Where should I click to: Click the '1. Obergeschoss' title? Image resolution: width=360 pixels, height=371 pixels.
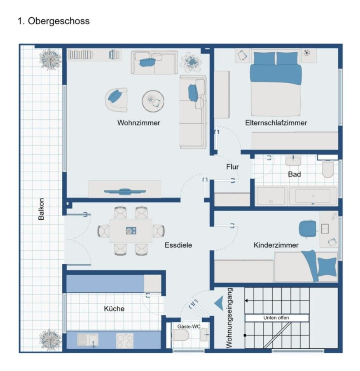click(54, 21)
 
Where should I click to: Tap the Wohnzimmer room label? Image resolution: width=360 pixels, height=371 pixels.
click(138, 123)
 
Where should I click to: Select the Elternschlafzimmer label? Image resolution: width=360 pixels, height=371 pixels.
click(276, 123)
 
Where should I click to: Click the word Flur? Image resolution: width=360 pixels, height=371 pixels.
click(232, 167)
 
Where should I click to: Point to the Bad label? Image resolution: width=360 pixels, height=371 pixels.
click(294, 174)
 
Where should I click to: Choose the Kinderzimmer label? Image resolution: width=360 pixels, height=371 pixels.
click(276, 245)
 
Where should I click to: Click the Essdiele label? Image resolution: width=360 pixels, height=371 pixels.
click(178, 245)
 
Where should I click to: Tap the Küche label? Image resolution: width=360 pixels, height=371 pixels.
click(114, 309)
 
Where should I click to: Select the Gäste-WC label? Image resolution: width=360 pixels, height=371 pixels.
click(189, 326)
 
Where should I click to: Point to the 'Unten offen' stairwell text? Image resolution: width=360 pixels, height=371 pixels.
click(276, 318)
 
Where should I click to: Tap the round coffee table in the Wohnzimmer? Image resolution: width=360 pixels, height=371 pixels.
click(153, 101)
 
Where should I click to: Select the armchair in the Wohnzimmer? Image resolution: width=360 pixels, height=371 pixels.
click(116, 99)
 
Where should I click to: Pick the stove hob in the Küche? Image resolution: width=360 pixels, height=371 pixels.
click(125, 340)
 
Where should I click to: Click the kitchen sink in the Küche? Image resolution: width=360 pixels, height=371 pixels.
click(88, 340)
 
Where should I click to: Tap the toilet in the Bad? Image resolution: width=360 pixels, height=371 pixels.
click(328, 169)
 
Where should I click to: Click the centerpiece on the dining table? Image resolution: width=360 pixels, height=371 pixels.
click(131, 230)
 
